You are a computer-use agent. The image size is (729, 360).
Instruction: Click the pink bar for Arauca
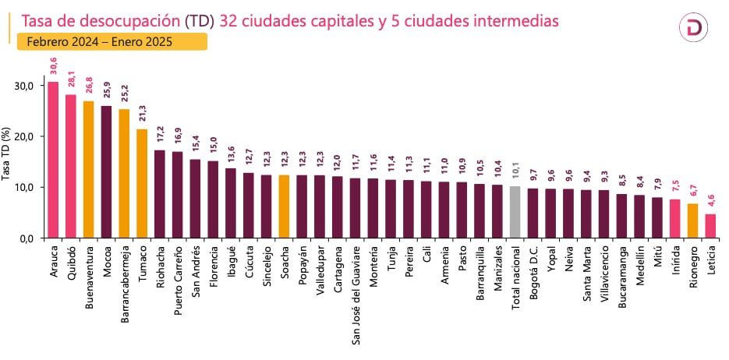coord(53,159)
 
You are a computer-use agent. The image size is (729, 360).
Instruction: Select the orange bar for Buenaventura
coord(89,169)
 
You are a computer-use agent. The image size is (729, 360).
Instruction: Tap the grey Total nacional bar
coord(515,211)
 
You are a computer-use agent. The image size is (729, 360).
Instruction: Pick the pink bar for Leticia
coord(710,225)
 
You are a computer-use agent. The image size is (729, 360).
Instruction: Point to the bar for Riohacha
coord(160,193)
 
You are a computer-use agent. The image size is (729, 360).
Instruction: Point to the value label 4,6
coord(711,202)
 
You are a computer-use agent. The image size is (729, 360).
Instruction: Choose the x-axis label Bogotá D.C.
coord(533,272)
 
